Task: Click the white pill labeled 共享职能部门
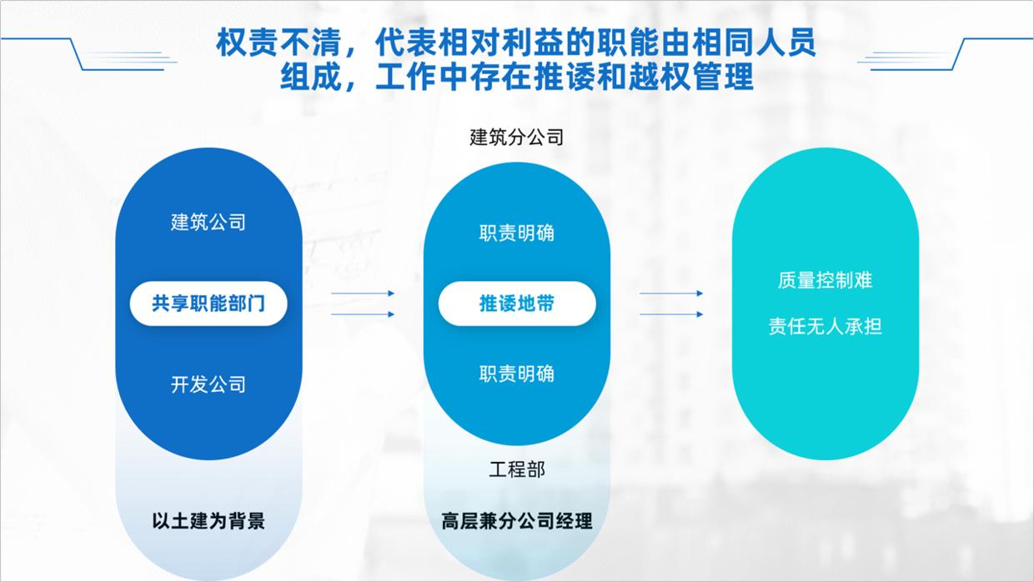coord(208,304)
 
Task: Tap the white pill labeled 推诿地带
coord(517,304)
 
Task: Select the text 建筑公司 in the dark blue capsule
coord(208,223)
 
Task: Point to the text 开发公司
coord(208,385)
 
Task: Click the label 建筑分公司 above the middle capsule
coord(517,138)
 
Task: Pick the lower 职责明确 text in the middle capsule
coord(517,374)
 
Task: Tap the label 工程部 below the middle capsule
coord(517,469)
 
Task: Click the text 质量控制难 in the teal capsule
coord(825,280)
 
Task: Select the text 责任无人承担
coord(825,327)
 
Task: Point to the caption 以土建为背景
coord(208,521)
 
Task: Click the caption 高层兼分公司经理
coord(517,521)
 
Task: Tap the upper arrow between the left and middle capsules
coord(363,294)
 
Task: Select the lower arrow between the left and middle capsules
coord(363,314)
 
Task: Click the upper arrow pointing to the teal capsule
coord(671,294)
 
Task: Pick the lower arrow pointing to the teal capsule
coord(671,314)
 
